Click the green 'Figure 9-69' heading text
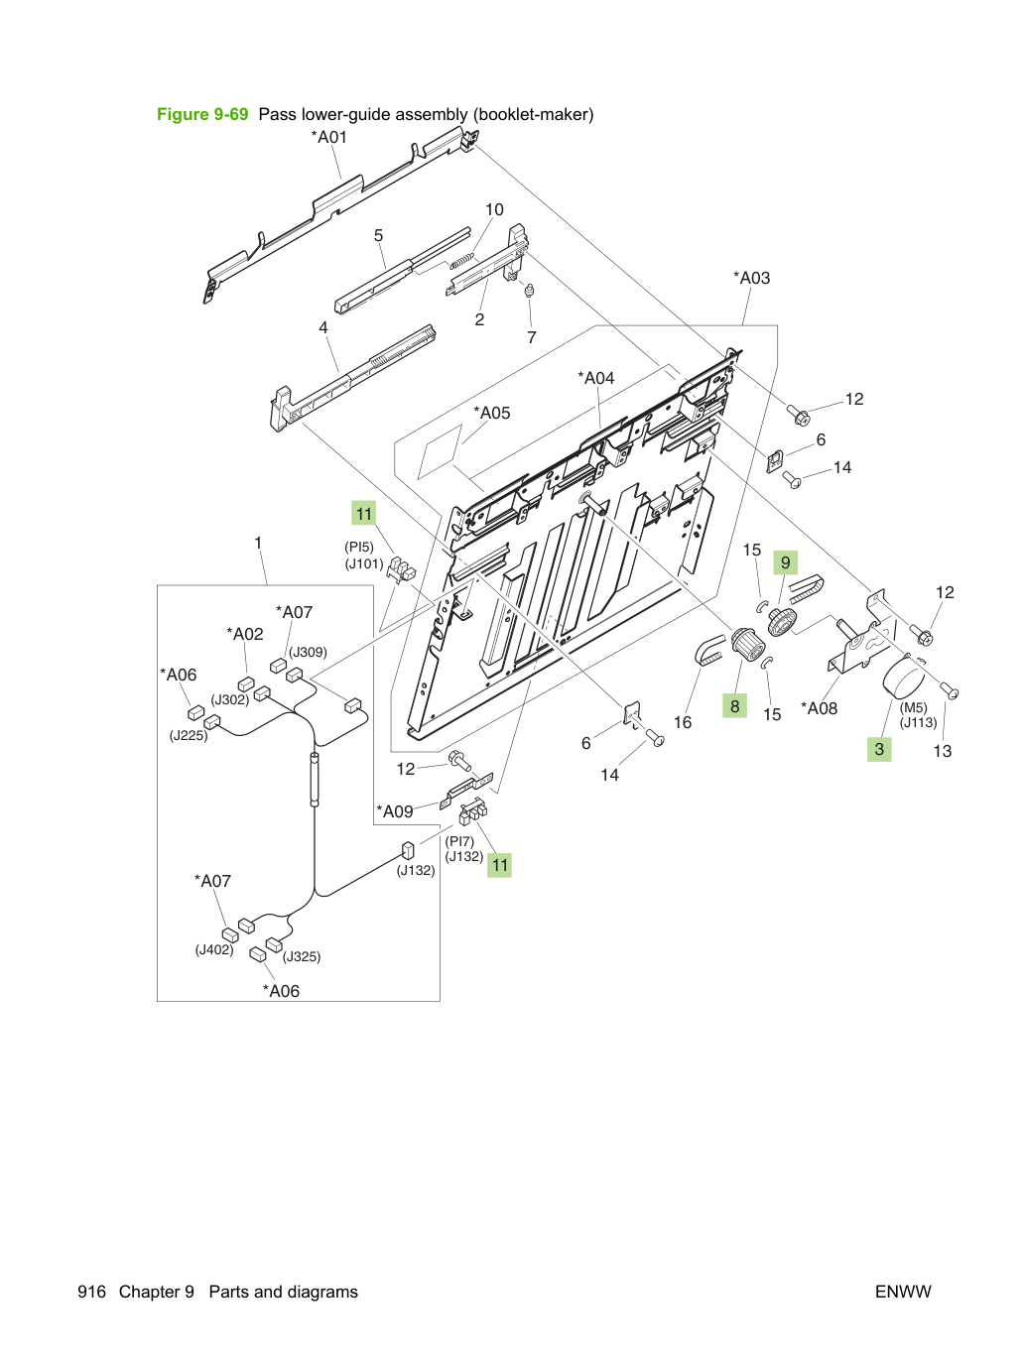202,114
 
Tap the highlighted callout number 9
785,562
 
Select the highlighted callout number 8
734,706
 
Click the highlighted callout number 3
879,749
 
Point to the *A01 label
328,137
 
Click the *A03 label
751,278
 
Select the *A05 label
491,413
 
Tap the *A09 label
394,811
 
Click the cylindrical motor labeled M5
903,681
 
